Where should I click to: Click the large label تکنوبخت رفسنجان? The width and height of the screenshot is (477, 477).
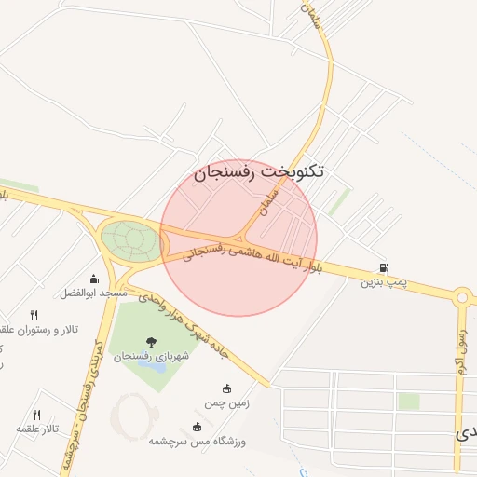(x=260, y=172)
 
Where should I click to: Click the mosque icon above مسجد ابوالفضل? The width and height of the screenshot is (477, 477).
(x=93, y=279)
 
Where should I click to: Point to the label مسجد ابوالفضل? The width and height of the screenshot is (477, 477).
(x=93, y=293)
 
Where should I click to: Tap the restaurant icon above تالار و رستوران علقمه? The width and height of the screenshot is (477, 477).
(x=34, y=315)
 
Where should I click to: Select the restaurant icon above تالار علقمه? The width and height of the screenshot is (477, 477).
(x=37, y=414)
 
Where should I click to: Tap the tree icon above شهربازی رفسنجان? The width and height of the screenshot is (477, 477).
(x=152, y=342)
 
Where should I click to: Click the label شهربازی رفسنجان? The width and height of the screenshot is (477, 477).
(x=152, y=356)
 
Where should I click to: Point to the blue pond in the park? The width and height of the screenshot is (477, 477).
(x=151, y=364)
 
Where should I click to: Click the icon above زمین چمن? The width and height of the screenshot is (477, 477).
(x=226, y=388)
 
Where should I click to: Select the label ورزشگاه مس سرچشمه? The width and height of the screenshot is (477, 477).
(x=197, y=441)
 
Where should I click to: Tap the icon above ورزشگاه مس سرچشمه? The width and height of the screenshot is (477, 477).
(x=197, y=427)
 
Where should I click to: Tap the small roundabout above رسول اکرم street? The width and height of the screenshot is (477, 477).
(x=462, y=298)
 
